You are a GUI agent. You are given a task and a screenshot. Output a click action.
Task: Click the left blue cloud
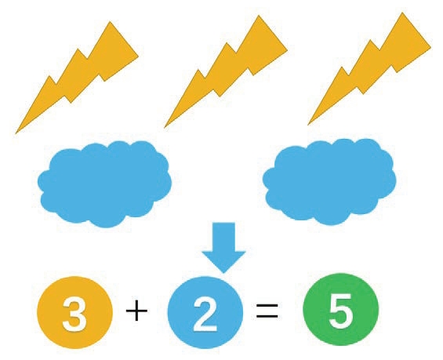104,184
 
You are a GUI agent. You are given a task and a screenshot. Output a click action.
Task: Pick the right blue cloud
329,181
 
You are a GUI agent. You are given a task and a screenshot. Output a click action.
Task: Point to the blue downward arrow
223,246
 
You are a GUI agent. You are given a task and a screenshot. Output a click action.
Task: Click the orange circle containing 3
74,312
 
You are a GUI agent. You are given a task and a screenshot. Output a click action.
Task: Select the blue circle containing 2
205,312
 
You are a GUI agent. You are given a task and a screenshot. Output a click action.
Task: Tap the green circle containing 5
340,309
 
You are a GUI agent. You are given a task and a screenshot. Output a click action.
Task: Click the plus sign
136,311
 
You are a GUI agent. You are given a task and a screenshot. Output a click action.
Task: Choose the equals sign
267,311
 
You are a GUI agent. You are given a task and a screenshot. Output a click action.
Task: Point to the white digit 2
205,315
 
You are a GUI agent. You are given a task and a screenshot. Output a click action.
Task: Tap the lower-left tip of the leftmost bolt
16,133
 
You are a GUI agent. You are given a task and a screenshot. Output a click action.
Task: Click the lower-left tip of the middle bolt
164,128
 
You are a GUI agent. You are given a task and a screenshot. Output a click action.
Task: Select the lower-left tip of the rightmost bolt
307,125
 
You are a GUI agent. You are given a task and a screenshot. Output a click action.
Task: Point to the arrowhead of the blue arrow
223,262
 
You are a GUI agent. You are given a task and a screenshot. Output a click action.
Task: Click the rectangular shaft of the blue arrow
223,237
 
